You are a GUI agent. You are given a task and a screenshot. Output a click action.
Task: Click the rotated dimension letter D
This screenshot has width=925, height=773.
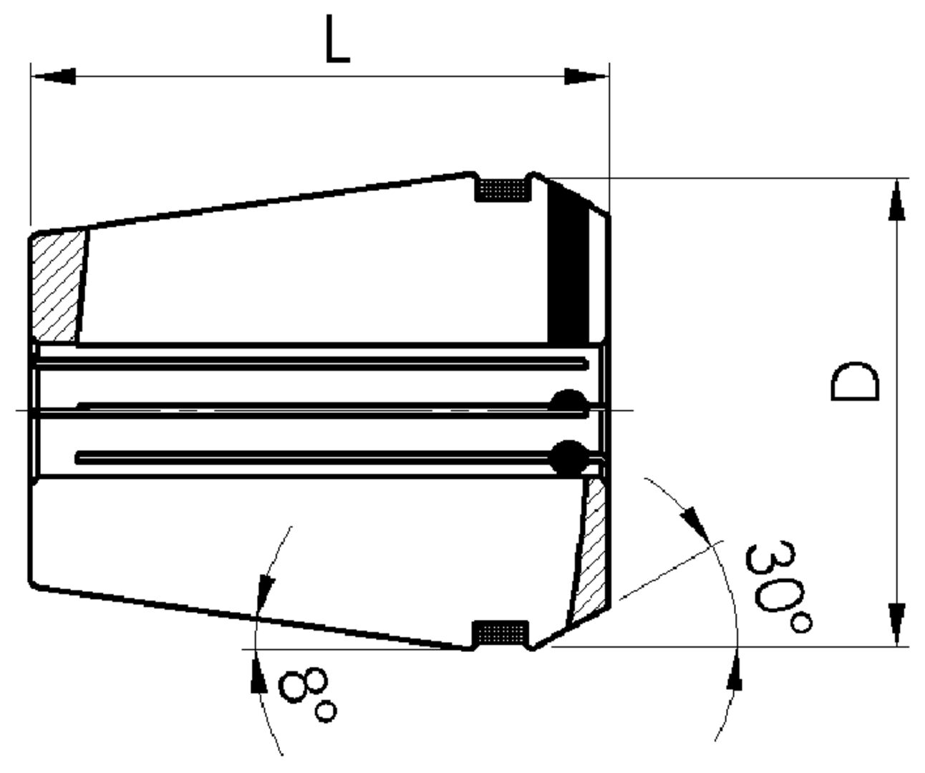[853, 382]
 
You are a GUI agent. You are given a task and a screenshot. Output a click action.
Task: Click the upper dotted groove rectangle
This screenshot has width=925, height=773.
[503, 190]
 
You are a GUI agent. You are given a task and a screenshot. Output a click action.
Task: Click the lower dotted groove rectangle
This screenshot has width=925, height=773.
[503, 633]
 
